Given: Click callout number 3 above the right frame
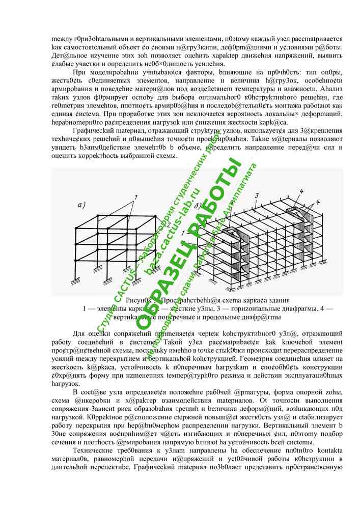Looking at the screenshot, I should pyautogui.click(x=258, y=195).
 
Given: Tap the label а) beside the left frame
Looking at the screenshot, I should pyautogui.click(x=80, y=205).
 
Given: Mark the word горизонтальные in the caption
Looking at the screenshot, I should pyautogui.click(x=250, y=308).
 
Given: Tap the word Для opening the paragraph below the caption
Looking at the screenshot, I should pyautogui.click(x=79, y=333).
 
